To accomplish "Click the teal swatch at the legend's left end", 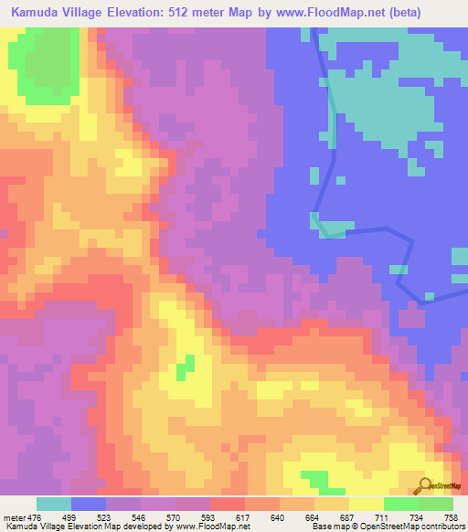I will (53, 504).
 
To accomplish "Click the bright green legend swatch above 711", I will (400, 504).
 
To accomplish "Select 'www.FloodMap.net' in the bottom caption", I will (208, 527).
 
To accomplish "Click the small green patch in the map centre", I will (186, 367).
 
